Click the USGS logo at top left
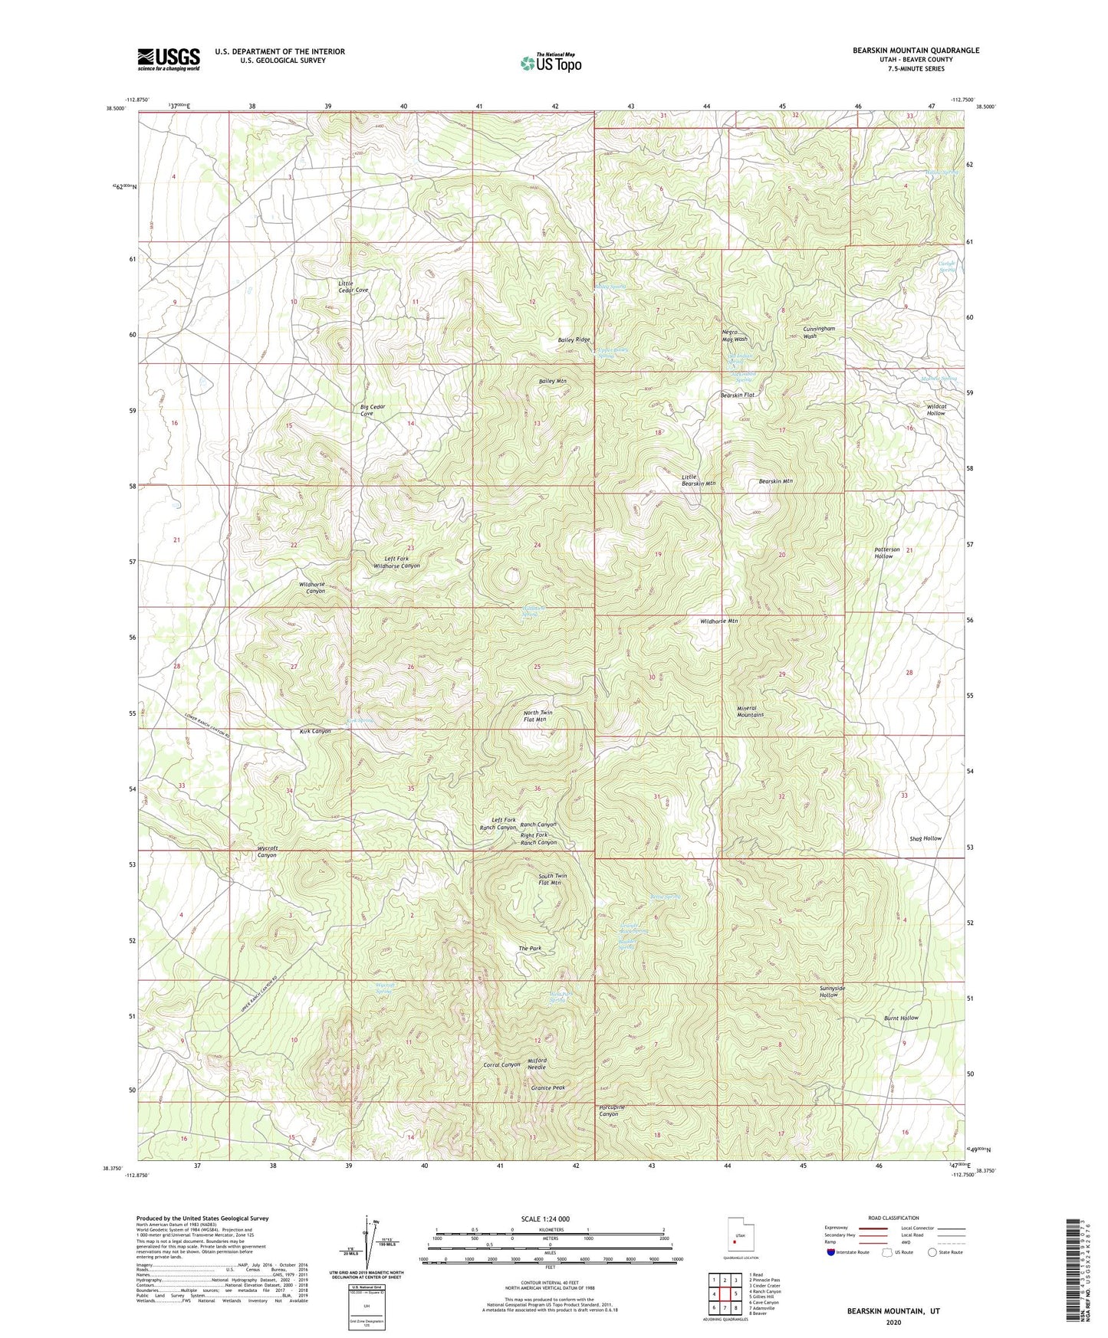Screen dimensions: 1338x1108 [x=169, y=59]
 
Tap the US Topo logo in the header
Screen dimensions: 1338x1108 [x=550, y=63]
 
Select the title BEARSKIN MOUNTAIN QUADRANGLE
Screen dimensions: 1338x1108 [x=916, y=51]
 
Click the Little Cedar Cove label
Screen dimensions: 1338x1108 [x=353, y=287]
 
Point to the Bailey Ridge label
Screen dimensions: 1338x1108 [x=574, y=339]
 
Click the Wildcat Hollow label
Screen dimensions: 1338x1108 [x=926, y=409]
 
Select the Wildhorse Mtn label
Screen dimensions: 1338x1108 [x=718, y=621]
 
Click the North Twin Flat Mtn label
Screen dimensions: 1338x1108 [x=537, y=717]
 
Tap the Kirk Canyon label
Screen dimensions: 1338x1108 [x=315, y=731]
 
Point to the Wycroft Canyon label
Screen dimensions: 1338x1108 [x=267, y=851]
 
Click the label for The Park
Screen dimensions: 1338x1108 [x=530, y=949]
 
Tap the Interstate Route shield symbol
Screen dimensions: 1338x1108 [x=832, y=1252]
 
